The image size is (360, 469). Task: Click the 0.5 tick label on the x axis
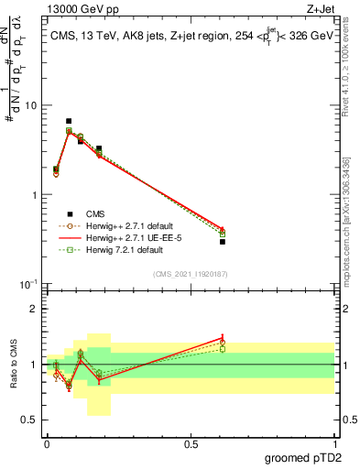191,444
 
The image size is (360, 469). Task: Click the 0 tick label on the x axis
47,444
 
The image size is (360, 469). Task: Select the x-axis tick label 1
334,444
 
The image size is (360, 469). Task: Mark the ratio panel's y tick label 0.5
30,421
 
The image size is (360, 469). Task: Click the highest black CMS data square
69,121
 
